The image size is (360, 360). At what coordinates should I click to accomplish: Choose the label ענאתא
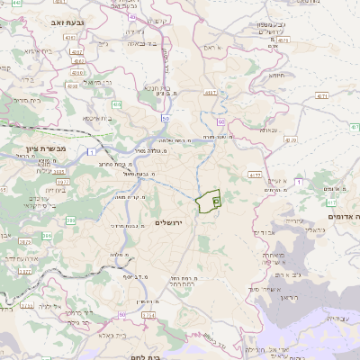268,130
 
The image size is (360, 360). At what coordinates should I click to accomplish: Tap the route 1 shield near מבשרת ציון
93,153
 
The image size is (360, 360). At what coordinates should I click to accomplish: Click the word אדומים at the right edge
346,217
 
